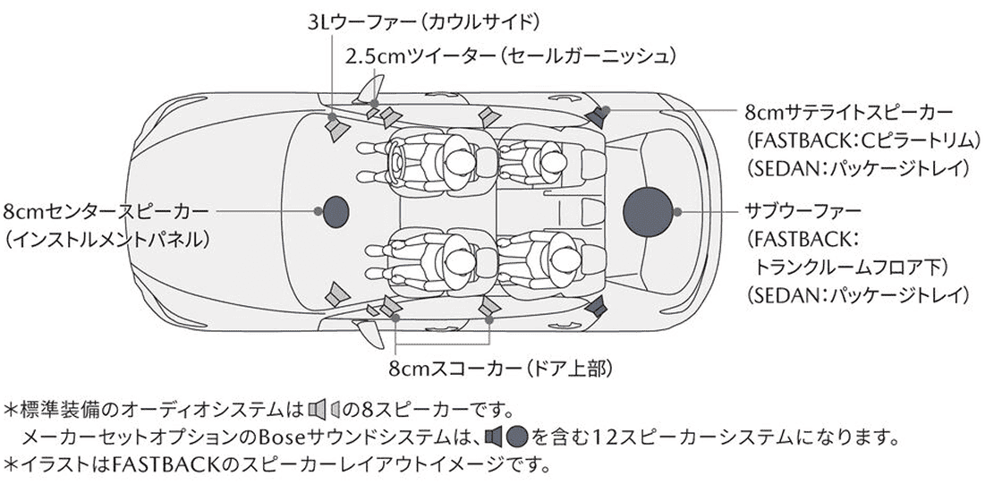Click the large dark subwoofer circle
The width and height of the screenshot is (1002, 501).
(648, 211)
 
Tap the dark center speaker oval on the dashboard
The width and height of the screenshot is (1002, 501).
(335, 211)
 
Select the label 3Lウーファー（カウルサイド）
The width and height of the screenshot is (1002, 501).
(424, 23)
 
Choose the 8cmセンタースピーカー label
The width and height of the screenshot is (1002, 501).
(106, 211)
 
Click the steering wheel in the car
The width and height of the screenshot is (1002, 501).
(395, 160)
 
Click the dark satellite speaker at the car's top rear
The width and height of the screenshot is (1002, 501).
(597, 117)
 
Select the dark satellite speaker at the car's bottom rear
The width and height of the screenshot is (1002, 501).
(597, 306)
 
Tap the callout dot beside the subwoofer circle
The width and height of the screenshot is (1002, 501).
(677, 211)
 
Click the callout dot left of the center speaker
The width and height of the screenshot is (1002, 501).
(317, 211)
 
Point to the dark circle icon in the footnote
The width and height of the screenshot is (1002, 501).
(516, 437)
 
